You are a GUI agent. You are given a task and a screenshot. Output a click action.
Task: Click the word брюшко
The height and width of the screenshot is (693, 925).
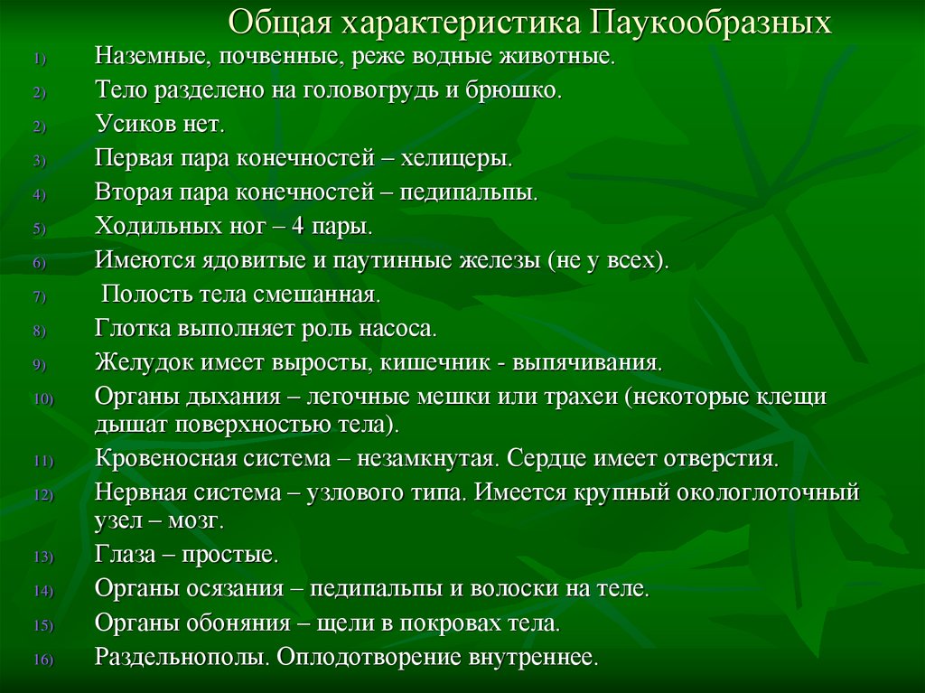tap(526, 92)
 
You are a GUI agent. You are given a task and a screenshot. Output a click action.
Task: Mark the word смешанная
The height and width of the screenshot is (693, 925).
tap(321, 295)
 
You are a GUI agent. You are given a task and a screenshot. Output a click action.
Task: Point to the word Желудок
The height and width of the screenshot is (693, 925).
tap(137, 363)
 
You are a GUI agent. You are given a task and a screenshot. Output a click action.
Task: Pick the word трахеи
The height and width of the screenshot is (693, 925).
tap(565, 397)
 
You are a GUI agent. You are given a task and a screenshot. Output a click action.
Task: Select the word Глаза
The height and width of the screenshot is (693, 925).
tap(123, 555)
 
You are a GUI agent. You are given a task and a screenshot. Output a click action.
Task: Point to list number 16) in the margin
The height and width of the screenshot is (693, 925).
tap(45, 660)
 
